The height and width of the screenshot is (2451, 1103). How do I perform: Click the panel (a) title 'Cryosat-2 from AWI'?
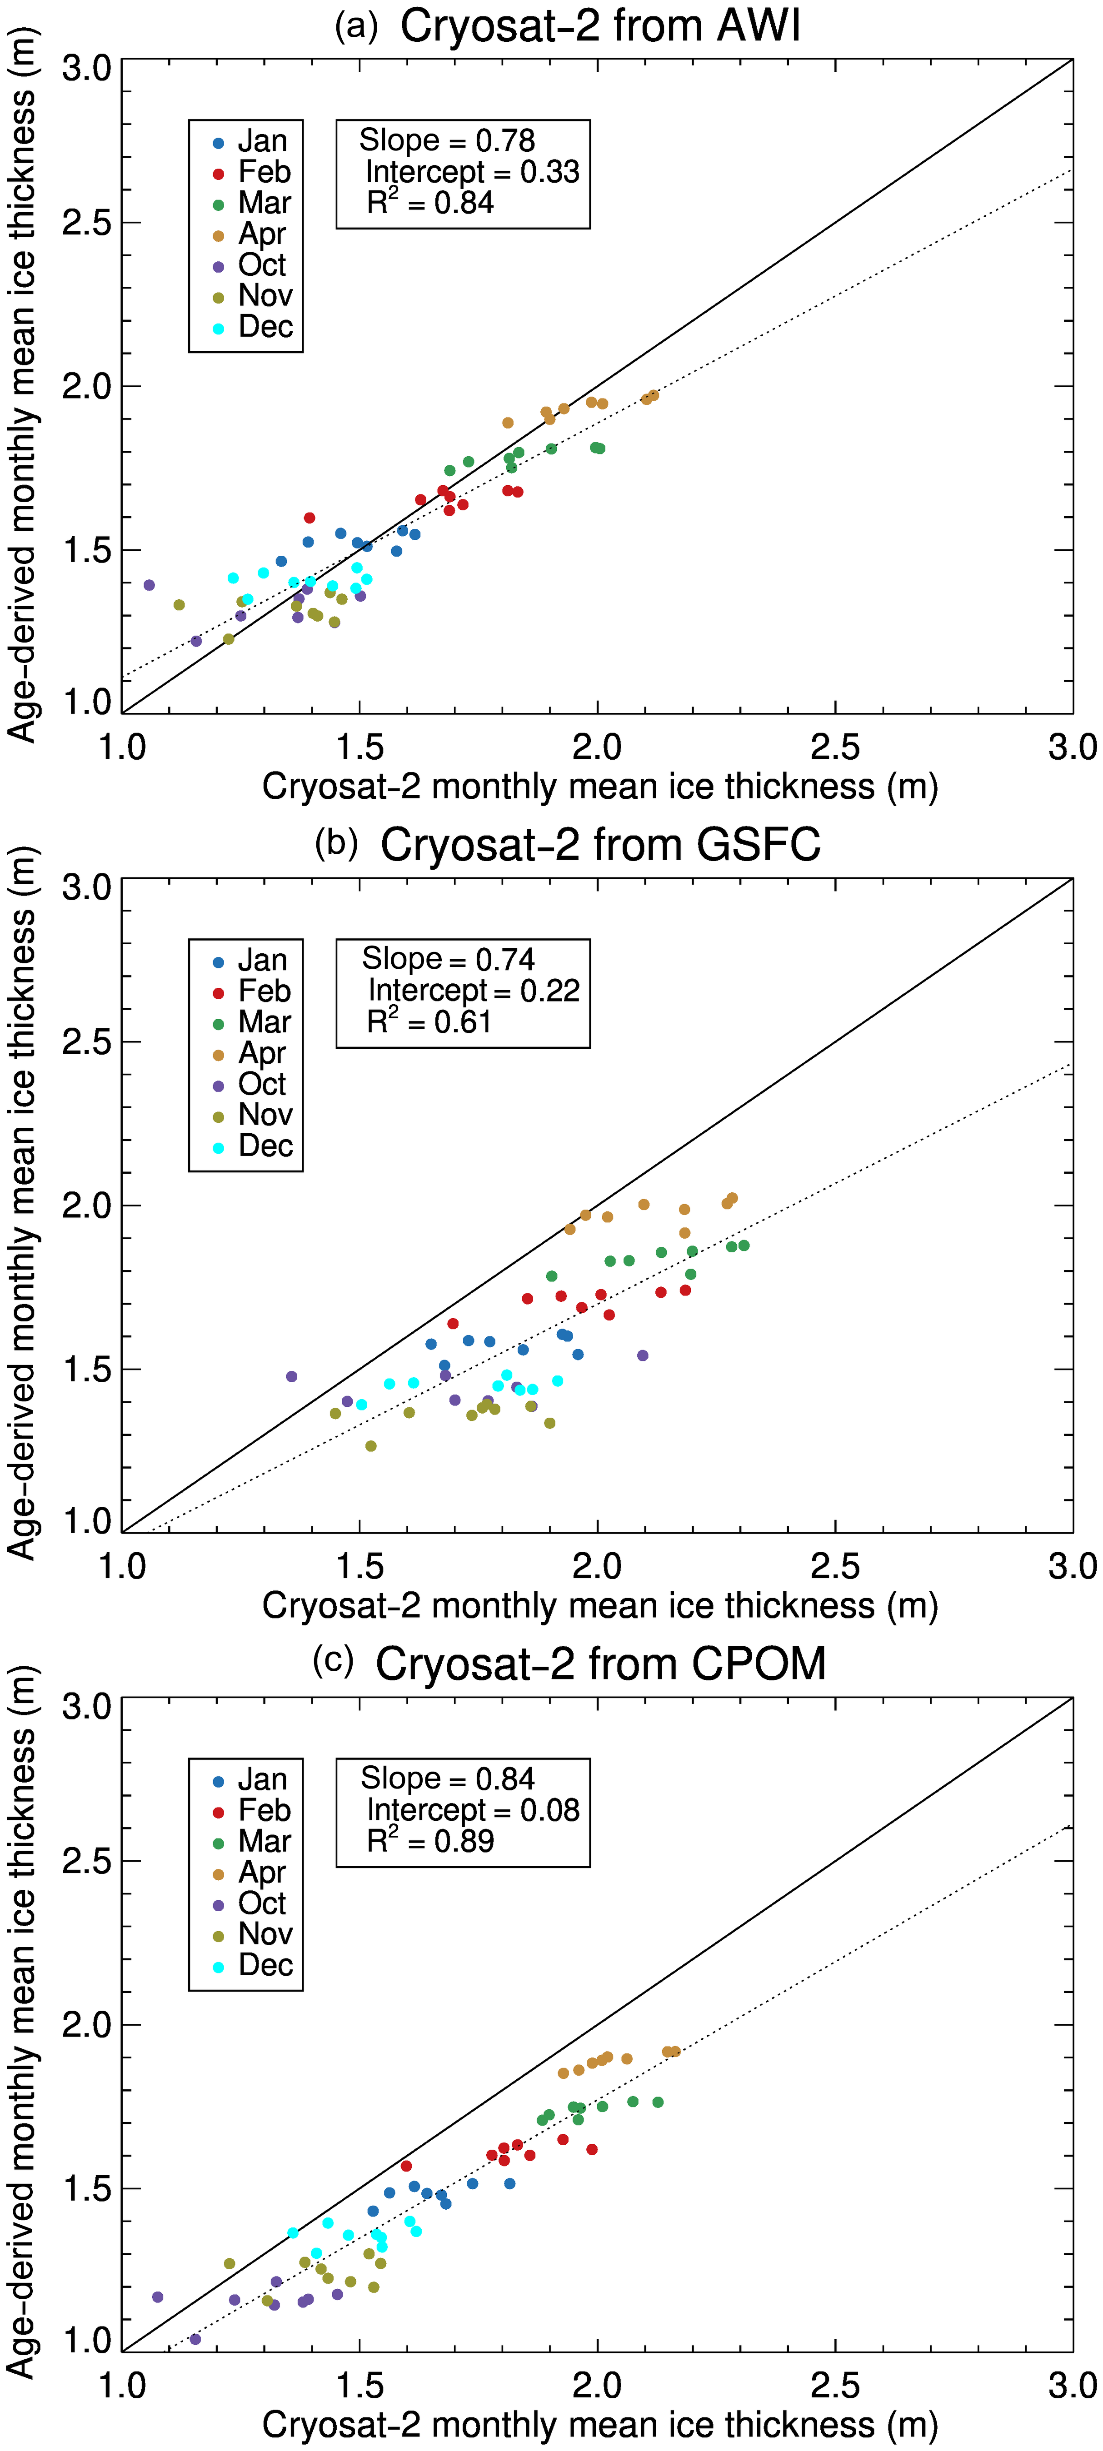(x=599, y=26)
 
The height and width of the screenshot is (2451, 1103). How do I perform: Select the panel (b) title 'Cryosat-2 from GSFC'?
(x=599, y=845)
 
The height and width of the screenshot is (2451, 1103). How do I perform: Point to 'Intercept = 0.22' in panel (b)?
(x=473, y=991)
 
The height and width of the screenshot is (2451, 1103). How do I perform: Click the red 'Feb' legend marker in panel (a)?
(x=218, y=174)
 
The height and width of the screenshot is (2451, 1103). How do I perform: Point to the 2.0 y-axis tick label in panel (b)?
(x=87, y=1206)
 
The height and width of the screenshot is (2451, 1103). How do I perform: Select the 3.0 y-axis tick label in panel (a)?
(x=87, y=69)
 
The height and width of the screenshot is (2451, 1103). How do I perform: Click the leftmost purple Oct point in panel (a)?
(x=149, y=585)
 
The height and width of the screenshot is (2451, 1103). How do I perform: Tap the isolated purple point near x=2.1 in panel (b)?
(x=642, y=1355)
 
